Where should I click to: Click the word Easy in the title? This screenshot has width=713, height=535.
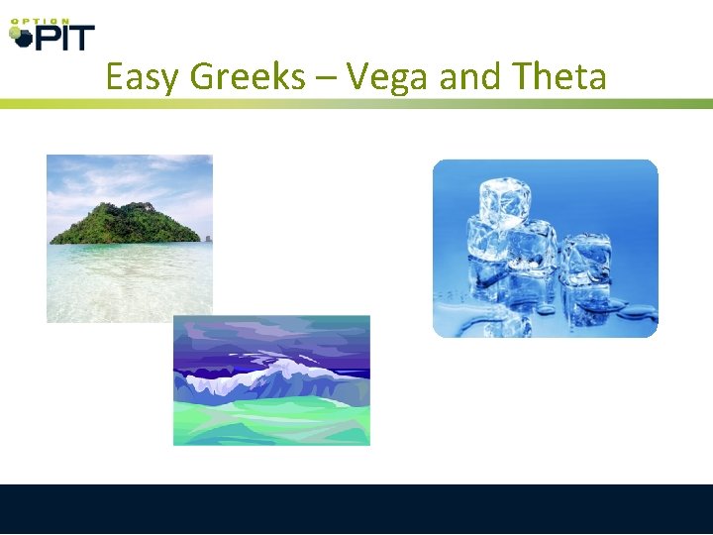pyautogui.click(x=144, y=77)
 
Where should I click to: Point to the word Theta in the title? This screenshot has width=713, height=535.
pyautogui.click(x=559, y=77)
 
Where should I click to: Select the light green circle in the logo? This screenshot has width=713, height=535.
pyautogui.click(x=14, y=33)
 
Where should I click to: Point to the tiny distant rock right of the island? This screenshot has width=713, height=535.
pyautogui.click(x=207, y=238)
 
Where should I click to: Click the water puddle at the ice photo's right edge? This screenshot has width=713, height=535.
pyautogui.click(x=639, y=315)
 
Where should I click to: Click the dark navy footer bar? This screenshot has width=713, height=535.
pyautogui.click(x=356, y=509)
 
